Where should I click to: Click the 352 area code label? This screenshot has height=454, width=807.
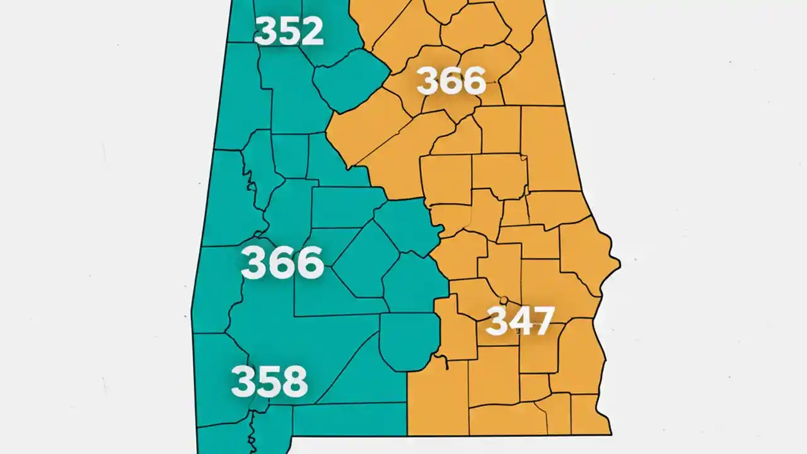289,31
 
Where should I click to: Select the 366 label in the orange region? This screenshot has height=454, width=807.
451,81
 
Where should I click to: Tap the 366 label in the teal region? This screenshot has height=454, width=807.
282,263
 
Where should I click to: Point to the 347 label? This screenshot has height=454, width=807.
520,321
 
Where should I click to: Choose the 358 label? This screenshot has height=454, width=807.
269,381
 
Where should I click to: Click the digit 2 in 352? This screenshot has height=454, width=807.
311,31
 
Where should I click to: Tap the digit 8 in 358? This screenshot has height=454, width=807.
294,381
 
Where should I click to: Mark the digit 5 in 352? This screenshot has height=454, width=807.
289,31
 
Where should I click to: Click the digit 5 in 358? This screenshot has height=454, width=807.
269,381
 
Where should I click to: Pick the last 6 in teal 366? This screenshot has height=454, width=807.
308,263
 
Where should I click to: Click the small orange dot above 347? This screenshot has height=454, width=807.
503,300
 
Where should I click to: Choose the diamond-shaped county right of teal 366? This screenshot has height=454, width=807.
366,259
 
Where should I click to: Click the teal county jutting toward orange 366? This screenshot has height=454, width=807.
350,79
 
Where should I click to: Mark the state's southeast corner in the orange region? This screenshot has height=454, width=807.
610,434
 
